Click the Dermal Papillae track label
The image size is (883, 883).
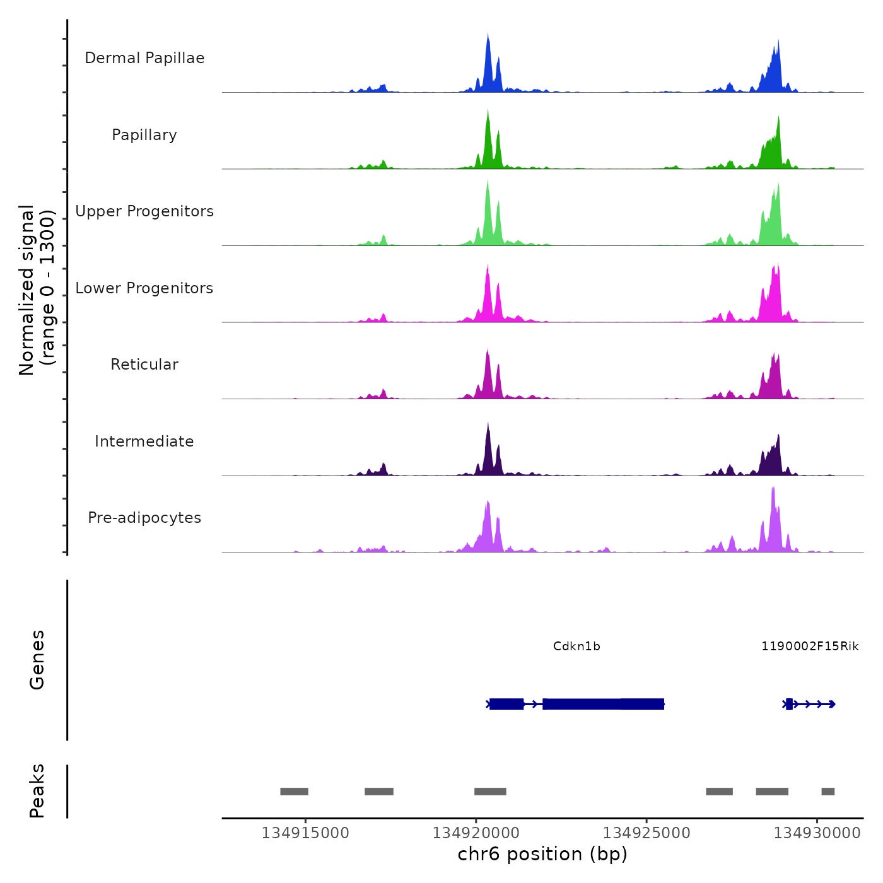(144, 58)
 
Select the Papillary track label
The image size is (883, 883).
(144, 135)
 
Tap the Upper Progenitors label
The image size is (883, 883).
(144, 211)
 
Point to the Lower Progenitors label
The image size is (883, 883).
(144, 288)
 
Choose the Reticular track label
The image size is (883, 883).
(144, 365)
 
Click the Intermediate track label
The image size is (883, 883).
(144, 441)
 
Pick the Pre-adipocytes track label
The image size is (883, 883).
(144, 518)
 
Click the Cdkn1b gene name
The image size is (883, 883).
(576, 646)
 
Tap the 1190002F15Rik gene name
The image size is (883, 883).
(810, 646)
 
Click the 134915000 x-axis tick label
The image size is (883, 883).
(305, 833)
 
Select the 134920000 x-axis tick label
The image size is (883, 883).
(476, 833)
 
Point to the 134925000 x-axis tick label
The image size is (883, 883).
(646, 833)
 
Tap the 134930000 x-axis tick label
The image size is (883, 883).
(817, 833)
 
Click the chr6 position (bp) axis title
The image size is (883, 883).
(542, 855)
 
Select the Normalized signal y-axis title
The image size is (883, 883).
(37, 289)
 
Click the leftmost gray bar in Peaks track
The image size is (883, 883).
(294, 792)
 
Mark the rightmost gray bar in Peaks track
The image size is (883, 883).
(828, 792)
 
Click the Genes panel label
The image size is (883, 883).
(37, 660)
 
